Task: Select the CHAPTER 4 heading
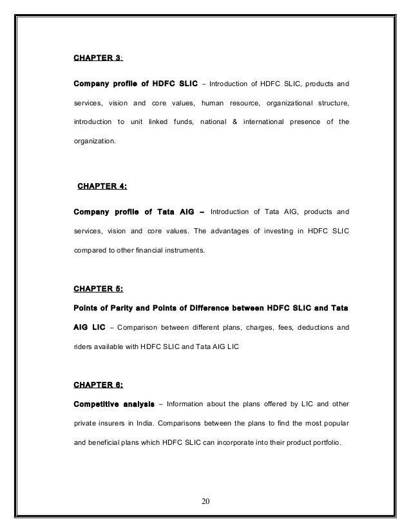102,187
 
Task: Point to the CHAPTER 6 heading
99,385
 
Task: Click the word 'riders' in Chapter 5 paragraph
85,348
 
